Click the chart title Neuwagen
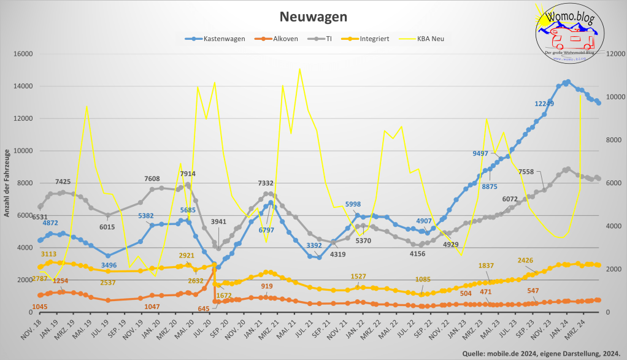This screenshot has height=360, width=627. (313, 16)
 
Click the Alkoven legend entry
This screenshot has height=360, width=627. (279, 39)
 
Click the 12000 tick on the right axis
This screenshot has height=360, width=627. (616, 53)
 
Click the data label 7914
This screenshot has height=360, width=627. (188, 174)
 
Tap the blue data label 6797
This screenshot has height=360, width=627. (266, 230)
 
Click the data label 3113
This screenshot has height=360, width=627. (49, 254)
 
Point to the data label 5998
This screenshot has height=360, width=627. (353, 204)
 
